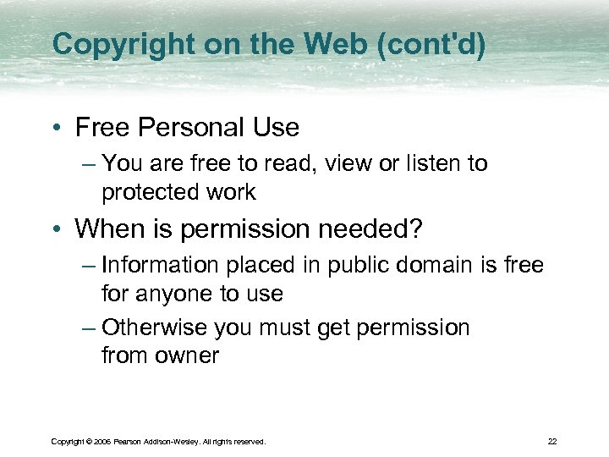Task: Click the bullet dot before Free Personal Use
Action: (56, 129)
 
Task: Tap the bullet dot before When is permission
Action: (56, 228)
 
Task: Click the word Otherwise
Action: (154, 328)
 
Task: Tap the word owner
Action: (187, 356)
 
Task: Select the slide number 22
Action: (551, 441)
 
